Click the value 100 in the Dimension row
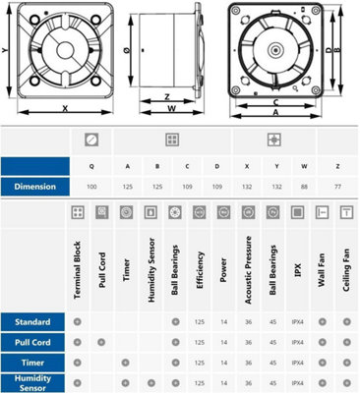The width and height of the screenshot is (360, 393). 91,185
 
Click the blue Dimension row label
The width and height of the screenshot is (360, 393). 34,185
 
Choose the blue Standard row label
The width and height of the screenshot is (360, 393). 34,321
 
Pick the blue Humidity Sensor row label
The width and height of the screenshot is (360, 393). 34,381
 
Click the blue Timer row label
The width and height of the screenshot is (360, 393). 34,363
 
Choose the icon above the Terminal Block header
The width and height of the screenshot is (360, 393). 78,212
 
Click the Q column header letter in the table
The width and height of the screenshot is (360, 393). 91,165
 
